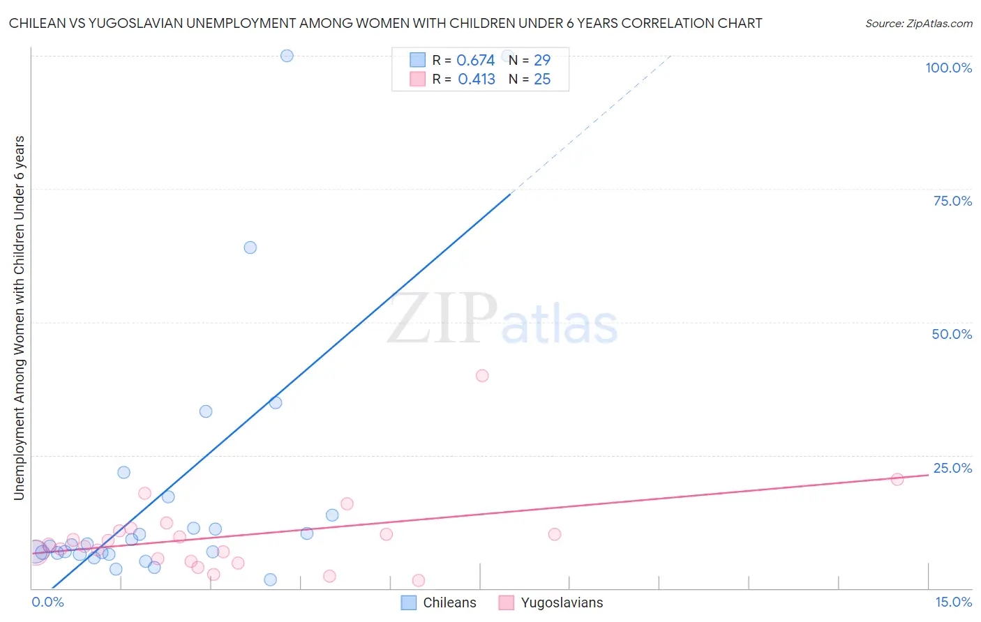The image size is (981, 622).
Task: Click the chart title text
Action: coord(385,23)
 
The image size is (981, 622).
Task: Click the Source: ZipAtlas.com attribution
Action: coord(918,23)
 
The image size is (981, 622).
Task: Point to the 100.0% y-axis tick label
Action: coord(948,68)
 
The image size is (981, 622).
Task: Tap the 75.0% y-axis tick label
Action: coord(952,201)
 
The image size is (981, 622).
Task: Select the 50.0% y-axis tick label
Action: coord(952,334)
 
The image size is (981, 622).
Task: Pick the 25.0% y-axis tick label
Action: coord(952,468)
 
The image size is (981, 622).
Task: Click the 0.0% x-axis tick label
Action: coord(47,602)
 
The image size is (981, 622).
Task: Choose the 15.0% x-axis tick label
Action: coord(953,602)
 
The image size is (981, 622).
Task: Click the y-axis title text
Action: coord(19,318)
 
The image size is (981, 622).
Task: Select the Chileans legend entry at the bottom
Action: coord(439,602)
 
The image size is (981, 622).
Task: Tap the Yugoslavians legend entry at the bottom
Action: coord(551,602)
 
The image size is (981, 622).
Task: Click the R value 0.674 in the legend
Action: coord(475,60)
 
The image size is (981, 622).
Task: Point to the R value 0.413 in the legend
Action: coord(476,79)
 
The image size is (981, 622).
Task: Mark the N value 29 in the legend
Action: coord(542,60)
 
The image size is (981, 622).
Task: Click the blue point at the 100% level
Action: coord(287,56)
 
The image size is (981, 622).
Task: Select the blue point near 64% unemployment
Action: coord(250,248)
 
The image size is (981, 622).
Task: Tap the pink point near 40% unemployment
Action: coord(482,376)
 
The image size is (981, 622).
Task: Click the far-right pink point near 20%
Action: coord(897,479)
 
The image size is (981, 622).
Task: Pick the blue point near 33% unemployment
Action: coord(206,411)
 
